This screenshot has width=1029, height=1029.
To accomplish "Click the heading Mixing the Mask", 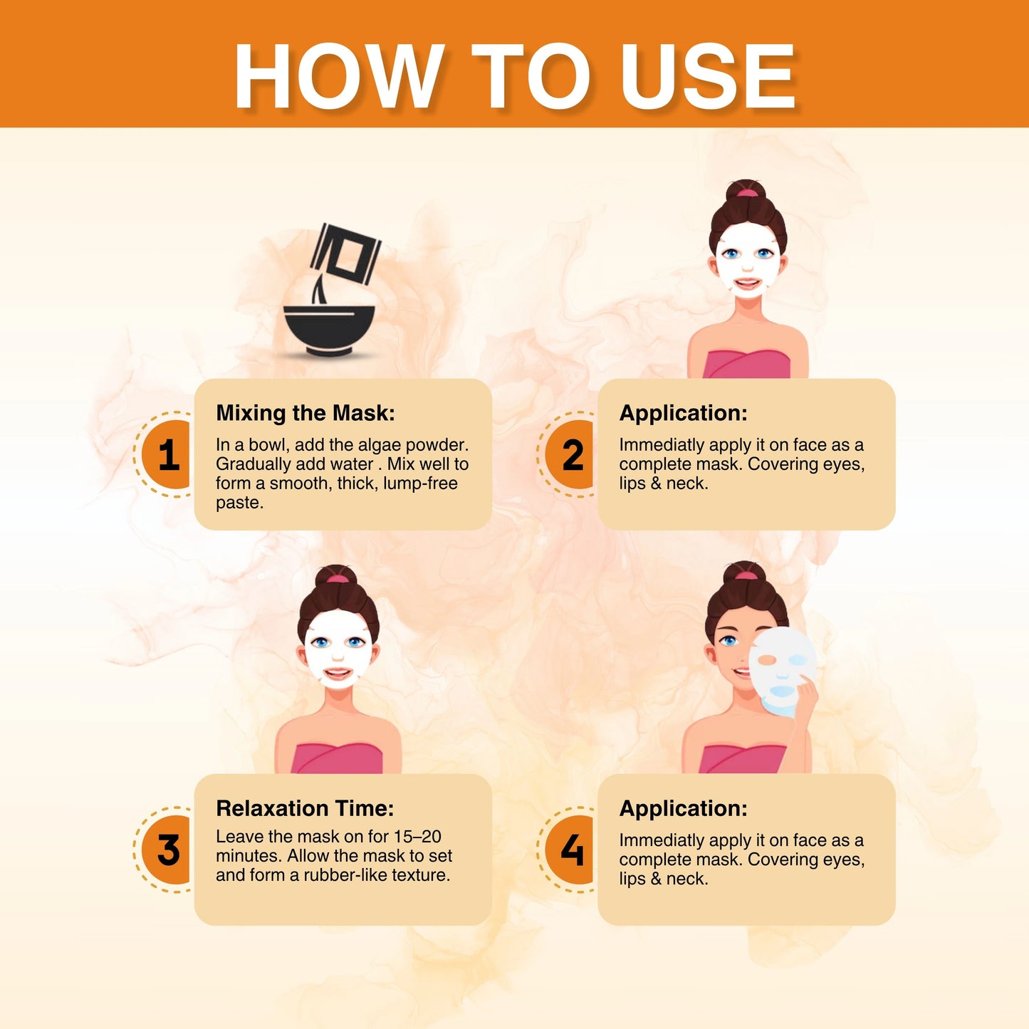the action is (305, 414).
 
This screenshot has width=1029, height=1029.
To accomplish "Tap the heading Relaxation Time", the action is (305, 808).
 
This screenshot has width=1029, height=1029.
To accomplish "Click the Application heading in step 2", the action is (683, 414).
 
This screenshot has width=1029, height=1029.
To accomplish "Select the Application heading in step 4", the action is (683, 809).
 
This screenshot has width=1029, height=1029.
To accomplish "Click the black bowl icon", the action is (329, 330).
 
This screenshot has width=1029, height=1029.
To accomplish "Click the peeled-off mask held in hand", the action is (783, 670).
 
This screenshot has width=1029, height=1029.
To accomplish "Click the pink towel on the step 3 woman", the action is (337, 758).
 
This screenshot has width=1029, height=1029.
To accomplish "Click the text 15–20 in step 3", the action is (417, 836).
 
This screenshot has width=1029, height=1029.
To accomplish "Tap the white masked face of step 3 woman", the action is (338, 649).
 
